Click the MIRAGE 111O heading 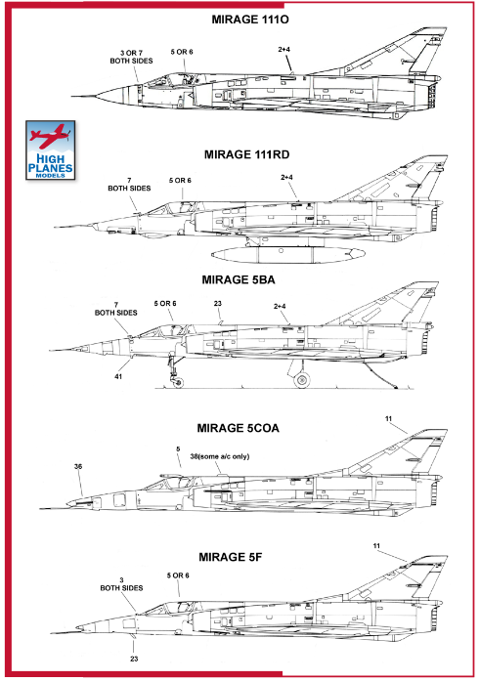click(250, 20)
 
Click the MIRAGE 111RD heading click(246, 154)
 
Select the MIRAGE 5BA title click(239, 280)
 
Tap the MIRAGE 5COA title click(238, 428)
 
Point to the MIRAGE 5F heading click(230, 557)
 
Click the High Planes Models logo click(51, 150)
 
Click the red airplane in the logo click(50, 136)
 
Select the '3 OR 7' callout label click(131, 53)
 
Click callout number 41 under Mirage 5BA click(118, 377)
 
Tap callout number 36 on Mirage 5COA click(78, 466)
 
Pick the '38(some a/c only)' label click(220, 456)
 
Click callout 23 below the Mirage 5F click(134, 659)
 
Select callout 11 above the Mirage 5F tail click(376, 546)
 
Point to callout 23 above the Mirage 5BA click(218, 304)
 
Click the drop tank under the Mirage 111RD click(288, 254)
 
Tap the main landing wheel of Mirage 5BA click(302, 380)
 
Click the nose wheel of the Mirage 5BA click(178, 382)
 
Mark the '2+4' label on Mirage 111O click(284, 50)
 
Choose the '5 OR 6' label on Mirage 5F click(178, 575)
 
